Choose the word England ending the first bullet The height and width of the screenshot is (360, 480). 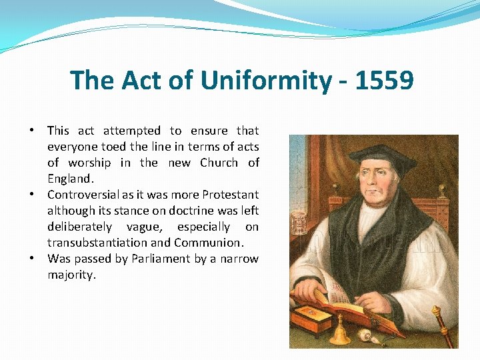click(70, 179)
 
